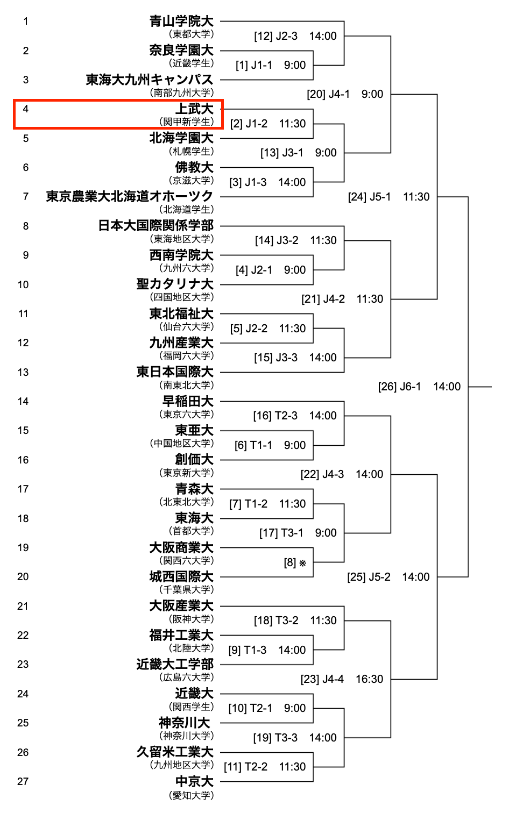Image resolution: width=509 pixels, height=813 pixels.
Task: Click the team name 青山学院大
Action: point(181,21)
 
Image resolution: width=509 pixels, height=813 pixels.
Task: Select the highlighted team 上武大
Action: point(194,109)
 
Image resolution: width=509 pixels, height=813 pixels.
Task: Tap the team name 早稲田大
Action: point(188,401)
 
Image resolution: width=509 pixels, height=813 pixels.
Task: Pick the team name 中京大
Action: point(194,781)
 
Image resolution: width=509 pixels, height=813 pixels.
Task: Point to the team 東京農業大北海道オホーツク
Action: point(130,196)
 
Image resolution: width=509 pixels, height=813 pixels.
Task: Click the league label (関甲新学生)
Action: point(186,122)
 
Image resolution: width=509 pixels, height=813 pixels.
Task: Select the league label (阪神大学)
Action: point(191,619)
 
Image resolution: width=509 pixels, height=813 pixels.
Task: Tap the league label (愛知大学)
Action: point(191,795)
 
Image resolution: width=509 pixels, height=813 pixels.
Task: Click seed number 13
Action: point(23,372)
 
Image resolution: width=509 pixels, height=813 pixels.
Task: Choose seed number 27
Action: point(23,781)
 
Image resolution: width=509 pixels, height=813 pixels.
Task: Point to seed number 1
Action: point(25,22)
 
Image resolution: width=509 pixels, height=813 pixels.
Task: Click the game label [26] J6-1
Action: point(399,387)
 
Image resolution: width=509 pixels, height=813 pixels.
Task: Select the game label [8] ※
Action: point(295,562)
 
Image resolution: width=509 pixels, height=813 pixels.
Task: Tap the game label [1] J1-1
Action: point(253,65)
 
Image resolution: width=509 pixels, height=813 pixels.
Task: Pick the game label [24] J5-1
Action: point(369,197)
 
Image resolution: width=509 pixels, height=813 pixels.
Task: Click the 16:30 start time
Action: point(369,679)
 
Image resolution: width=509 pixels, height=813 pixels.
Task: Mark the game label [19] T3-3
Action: point(275,738)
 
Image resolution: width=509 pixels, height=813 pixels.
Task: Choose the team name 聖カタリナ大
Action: point(175,284)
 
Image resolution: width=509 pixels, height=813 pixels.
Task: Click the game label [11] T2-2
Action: point(245,767)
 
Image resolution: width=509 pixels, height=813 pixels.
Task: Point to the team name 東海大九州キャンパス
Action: point(150,80)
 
